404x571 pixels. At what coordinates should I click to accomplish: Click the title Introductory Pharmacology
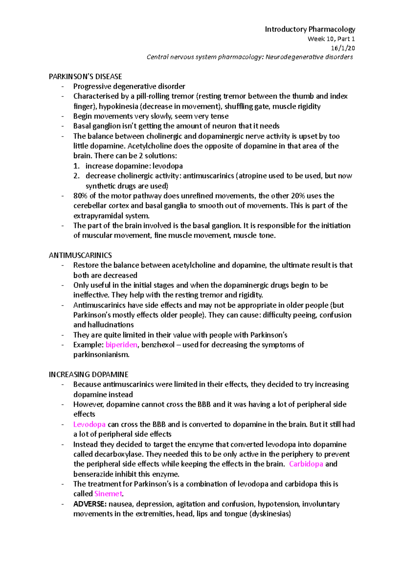[x=310, y=29]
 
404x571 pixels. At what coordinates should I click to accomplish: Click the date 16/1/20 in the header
[x=343, y=48]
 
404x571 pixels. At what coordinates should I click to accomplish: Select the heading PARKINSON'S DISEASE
[x=85, y=77]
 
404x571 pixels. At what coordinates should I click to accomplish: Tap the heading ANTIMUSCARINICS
[x=80, y=256]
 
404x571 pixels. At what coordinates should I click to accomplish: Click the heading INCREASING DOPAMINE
[x=89, y=375]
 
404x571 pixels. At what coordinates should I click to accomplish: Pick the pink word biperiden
[x=121, y=345]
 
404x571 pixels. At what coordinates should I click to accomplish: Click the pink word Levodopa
[x=89, y=424]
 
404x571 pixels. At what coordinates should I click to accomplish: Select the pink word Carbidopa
[x=306, y=464]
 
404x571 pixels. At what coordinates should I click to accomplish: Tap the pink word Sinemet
[x=108, y=494]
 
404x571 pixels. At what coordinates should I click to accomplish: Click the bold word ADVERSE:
[x=90, y=504]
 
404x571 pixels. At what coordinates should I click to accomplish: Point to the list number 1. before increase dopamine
[x=76, y=166]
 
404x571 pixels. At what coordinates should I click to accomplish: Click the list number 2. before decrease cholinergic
[x=76, y=176]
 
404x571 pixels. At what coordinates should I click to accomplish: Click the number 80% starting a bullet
[x=80, y=196]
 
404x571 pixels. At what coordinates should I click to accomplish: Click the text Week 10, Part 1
[x=331, y=39]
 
